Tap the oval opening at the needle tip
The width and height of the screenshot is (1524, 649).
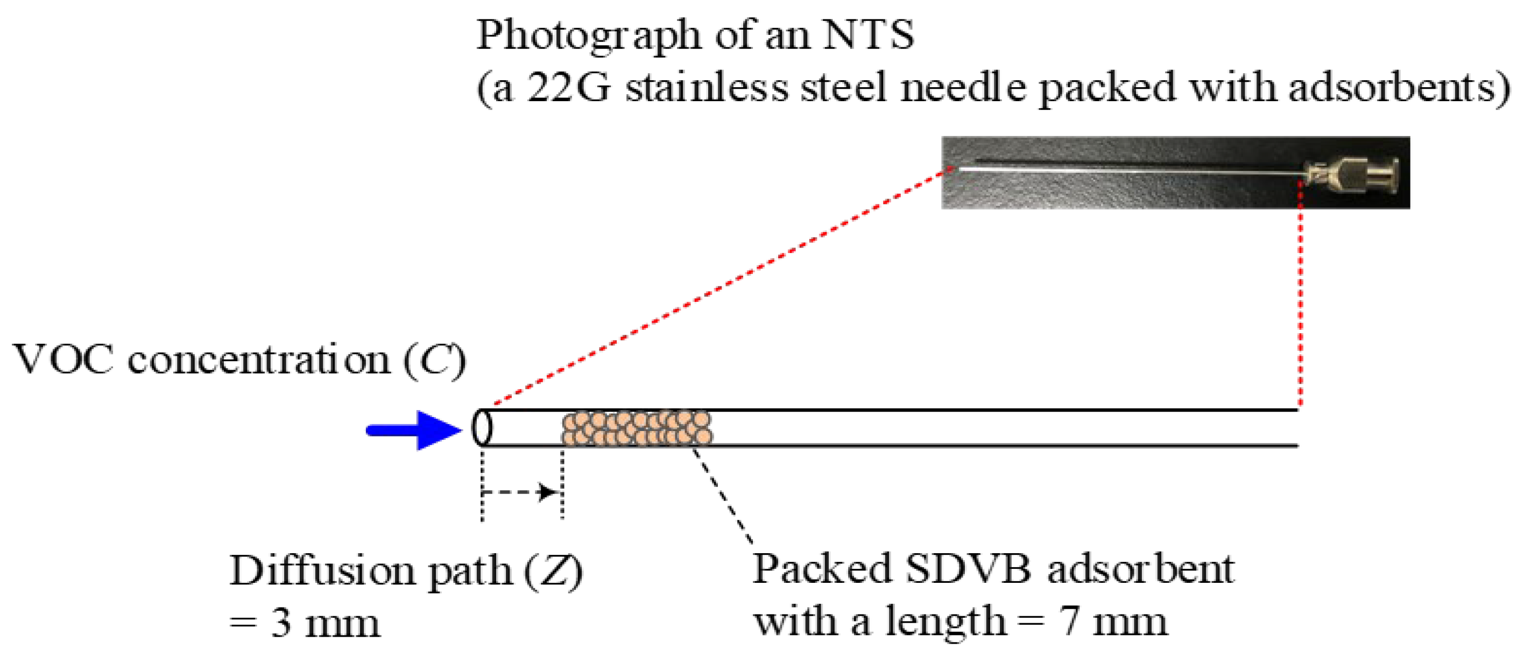482,427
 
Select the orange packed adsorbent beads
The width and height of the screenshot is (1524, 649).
637,428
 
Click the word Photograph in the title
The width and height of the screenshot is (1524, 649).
588,36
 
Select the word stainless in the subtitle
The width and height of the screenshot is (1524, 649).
707,88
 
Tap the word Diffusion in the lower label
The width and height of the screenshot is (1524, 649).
322,572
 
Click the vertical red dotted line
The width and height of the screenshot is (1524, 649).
1300,296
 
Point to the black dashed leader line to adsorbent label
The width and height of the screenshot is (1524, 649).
723,496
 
